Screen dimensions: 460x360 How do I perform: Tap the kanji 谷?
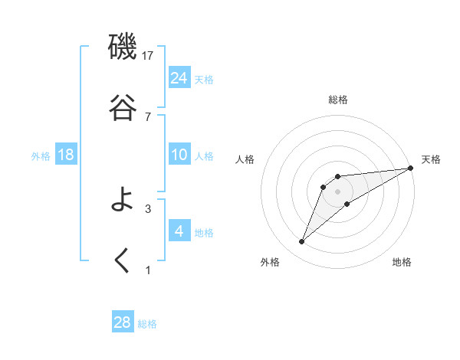tap(123, 108)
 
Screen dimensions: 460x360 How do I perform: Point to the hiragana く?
tap(123, 261)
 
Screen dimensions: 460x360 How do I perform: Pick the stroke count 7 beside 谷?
tap(148, 116)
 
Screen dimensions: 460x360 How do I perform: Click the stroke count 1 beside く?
tap(148, 270)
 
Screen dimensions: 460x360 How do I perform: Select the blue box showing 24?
tap(179, 77)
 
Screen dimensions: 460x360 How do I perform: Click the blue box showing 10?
tap(179, 155)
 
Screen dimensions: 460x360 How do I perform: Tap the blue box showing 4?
tap(179, 231)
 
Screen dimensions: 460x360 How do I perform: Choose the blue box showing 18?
tap(66, 155)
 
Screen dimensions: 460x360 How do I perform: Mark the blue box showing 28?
tap(123, 322)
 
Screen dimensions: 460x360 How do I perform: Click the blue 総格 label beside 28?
tap(147, 324)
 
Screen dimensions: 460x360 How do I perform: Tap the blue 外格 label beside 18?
tap(41, 156)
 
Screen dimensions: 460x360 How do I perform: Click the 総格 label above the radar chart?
tap(337, 100)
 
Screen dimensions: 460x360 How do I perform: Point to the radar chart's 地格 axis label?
tap(402, 262)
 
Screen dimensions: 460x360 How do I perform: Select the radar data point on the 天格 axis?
tap(411, 168)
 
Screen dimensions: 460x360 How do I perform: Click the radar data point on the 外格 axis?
tap(302, 242)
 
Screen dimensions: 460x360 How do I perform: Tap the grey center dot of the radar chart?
tap(337, 191)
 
